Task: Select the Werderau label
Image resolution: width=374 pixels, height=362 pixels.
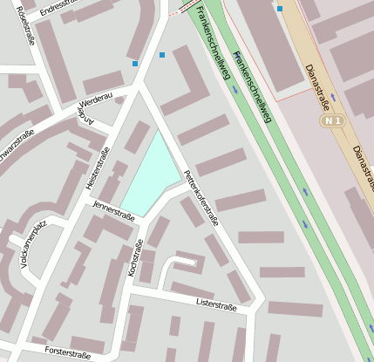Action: click(x=97, y=100)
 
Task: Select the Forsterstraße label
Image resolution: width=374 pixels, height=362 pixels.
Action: click(x=68, y=354)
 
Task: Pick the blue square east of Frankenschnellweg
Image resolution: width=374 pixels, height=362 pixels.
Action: click(x=279, y=9)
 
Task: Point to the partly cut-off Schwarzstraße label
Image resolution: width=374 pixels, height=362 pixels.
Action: click(x=15, y=140)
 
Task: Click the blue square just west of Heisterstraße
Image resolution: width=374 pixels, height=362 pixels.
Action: click(x=134, y=63)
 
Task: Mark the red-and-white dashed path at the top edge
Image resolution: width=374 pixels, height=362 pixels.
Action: click(x=179, y=14)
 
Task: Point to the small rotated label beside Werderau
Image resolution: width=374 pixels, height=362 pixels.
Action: click(x=85, y=117)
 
